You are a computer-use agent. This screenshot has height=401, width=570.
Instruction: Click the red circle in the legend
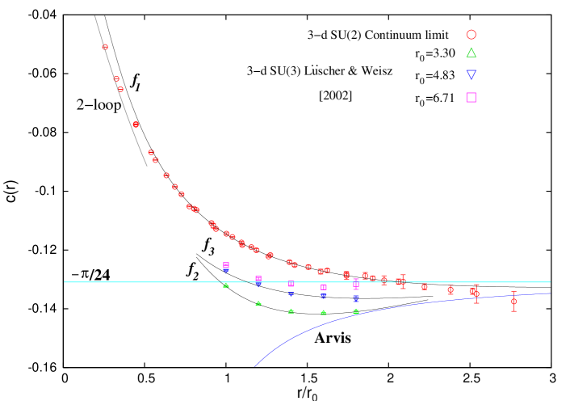(x=471, y=35)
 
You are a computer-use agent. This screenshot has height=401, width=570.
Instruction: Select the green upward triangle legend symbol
(x=471, y=53)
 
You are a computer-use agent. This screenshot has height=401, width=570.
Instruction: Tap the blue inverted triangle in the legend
(x=471, y=74)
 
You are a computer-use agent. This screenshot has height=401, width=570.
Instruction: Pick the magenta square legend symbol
(x=471, y=97)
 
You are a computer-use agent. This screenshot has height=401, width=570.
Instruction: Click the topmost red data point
(x=105, y=47)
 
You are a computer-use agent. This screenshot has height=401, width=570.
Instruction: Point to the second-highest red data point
(x=116, y=78)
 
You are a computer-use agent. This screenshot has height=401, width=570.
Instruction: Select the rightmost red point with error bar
(x=513, y=301)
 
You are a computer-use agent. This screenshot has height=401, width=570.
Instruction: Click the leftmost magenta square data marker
(x=226, y=265)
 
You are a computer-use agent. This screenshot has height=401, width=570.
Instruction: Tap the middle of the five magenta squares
(x=291, y=284)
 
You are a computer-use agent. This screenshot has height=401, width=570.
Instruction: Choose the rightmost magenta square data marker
(x=356, y=285)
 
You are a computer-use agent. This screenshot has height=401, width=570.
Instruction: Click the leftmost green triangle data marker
(x=226, y=285)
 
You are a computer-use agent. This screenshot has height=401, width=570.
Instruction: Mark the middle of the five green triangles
(x=291, y=310)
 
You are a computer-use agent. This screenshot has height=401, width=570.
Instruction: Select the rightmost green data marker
(x=356, y=311)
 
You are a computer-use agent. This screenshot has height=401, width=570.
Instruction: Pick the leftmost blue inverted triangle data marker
(x=226, y=271)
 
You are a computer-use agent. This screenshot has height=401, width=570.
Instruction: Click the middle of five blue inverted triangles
(x=291, y=294)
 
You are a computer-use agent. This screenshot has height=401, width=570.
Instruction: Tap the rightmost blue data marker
(x=356, y=298)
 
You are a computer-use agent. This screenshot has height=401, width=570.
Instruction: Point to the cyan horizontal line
(x=161, y=282)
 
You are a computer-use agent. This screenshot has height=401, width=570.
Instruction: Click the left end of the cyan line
(x=65, y=282)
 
